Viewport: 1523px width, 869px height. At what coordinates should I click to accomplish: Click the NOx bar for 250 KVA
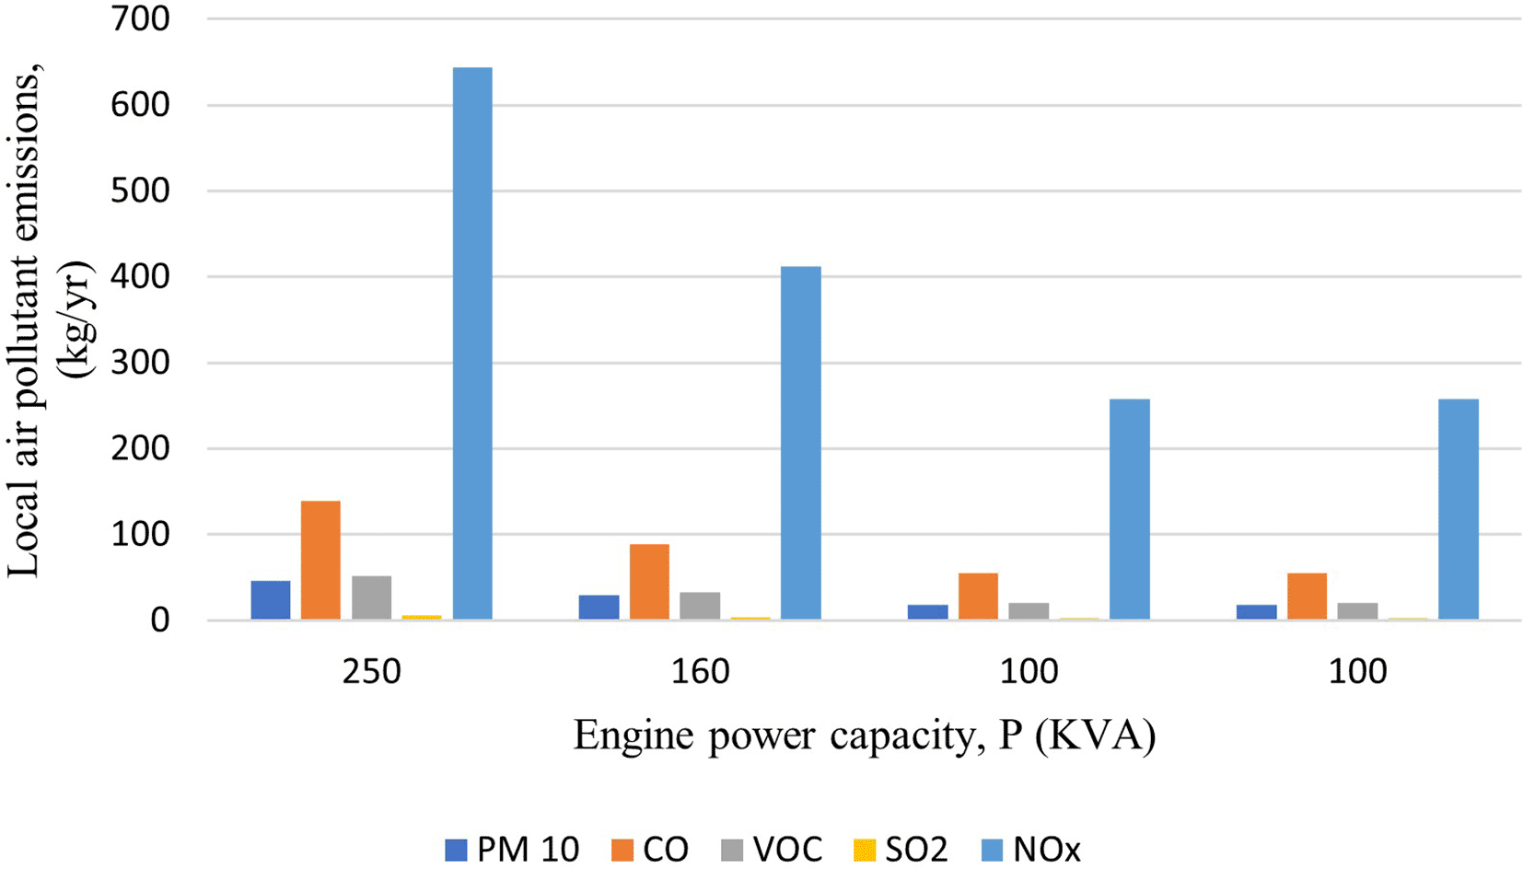pyautogui.click(x=472, y=342)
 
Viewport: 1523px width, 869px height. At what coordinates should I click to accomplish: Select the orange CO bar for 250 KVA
pyautogui.click(x=320, y=560)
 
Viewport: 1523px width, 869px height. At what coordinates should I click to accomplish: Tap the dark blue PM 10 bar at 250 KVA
pyautogui.click(x=271, y=600)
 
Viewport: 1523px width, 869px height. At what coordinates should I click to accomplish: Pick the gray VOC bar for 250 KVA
pyautogui.click(x=371, y=597)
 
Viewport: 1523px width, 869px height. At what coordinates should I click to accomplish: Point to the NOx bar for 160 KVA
pyautogui.click(x=800, y=443)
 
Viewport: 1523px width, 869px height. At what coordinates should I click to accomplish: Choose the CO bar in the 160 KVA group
pyautogui.click(x=649, y=582)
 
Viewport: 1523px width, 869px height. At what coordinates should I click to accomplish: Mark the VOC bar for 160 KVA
pyautogui.click(x=700, y=606)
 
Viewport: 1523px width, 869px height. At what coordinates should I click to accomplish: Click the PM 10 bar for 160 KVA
pyautogui.click(x=599, y=608)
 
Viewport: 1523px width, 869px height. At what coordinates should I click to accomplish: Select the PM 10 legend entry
pyautogui.click(x=512, y=849)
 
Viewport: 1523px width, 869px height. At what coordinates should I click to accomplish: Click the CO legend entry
pyautogui.click(x=650, y=849)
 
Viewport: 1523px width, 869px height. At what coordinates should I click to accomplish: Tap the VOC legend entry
pyautogui.click(x=772, y=849)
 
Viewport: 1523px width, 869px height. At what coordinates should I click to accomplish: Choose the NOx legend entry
pyautogui.click(x=1031, y=849)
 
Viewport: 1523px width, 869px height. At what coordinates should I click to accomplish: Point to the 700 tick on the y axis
pyautogui.click(x=140, y=18)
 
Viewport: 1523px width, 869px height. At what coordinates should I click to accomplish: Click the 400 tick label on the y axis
pyautogui.click(x=140, y=276)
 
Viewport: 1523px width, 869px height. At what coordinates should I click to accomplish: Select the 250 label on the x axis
pyautogui.click(x=371, y=672)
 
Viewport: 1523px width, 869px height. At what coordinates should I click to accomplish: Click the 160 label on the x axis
pyautogui.click(x=700, y=672)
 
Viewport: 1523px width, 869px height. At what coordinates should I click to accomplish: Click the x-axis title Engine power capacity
pyautogui.click(x=864, y=736)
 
